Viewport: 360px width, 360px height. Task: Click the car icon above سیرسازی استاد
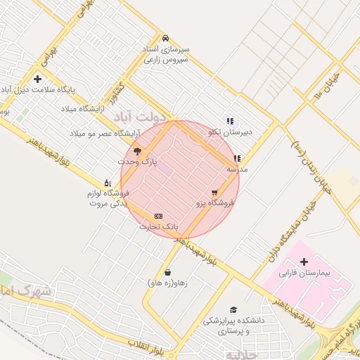165,38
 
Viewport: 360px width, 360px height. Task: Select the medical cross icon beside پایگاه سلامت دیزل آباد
37,79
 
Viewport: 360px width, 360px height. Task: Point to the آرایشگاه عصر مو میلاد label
105,133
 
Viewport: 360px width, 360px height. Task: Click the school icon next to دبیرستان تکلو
229,121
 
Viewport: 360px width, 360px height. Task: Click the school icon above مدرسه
237,159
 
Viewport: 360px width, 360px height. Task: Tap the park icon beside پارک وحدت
136,151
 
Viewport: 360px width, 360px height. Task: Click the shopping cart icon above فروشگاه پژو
214,192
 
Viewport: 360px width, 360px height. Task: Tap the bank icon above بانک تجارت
158,216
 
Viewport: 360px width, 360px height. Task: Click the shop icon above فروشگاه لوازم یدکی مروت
107,182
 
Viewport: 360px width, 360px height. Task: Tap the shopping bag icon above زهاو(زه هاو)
167,272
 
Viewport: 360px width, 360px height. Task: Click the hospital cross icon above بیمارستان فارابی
303,262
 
